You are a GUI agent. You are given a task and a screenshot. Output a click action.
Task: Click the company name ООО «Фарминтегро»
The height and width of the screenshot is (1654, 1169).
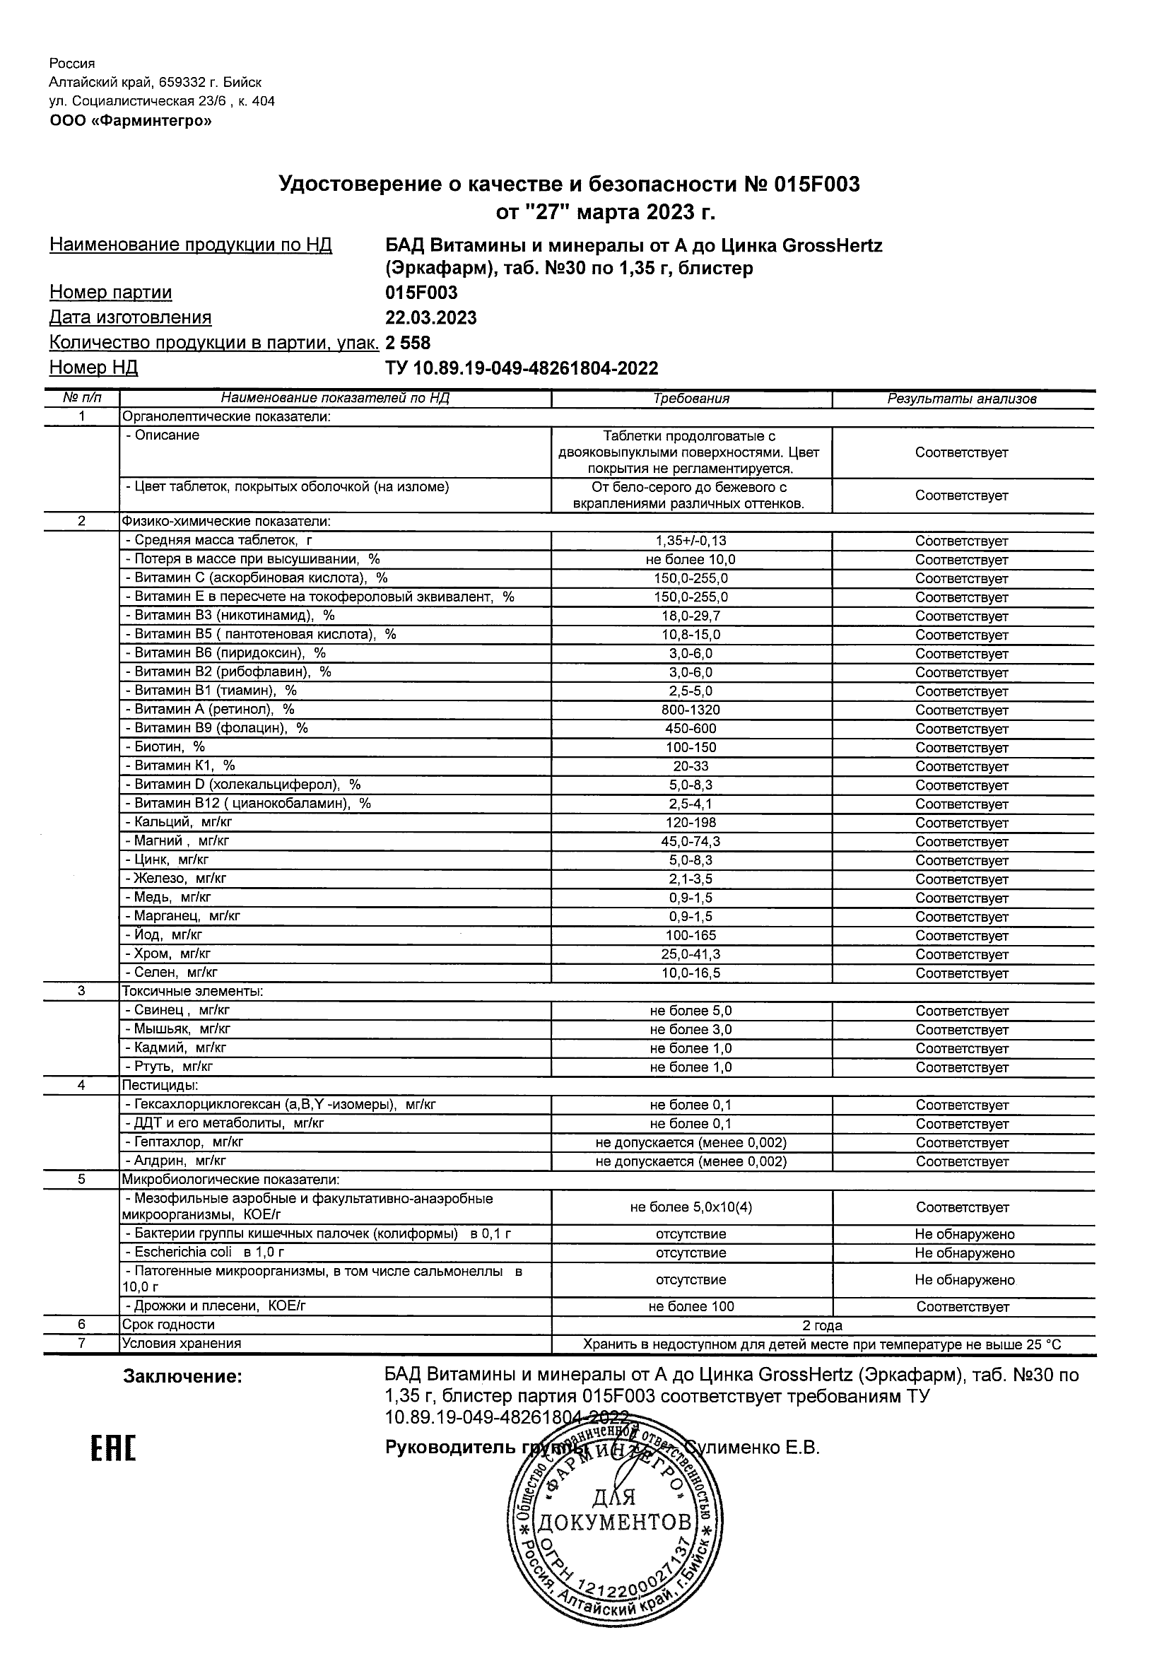(x=130, y=121)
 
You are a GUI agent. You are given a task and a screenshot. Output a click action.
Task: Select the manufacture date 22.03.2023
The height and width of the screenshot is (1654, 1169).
(x=430, y=317)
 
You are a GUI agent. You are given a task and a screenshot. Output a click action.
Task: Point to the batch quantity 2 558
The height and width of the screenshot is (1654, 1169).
(x=408, y=343)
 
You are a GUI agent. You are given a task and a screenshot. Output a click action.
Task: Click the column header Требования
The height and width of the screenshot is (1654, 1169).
(x=691, y=399)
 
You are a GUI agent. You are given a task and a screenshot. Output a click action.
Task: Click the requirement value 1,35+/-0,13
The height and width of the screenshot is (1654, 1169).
(x=691, y=540)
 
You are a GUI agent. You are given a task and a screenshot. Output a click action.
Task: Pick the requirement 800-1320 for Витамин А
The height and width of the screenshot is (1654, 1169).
(x=691, y=710)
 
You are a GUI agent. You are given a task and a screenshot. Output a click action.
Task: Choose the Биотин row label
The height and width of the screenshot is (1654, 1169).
(x=165, y=747)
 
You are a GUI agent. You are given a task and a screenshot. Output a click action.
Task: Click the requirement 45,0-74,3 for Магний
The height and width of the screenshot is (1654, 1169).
(x=691, y=841)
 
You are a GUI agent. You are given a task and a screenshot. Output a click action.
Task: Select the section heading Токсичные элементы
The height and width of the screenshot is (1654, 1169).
(x=192, y=991)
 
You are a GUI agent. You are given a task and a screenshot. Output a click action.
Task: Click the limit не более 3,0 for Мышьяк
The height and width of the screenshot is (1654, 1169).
(x=691, y=1029)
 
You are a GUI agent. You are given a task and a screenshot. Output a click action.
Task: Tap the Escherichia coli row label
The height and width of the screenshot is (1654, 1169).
(x=205, y=1252)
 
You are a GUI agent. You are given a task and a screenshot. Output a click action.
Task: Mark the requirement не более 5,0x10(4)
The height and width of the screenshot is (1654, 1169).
(x=691, y=1207)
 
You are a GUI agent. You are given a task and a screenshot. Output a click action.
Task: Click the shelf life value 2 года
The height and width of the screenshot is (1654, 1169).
(x=822, y=1325)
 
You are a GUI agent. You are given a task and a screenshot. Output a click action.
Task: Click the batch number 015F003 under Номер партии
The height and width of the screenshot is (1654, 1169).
(x=421, y=293)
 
